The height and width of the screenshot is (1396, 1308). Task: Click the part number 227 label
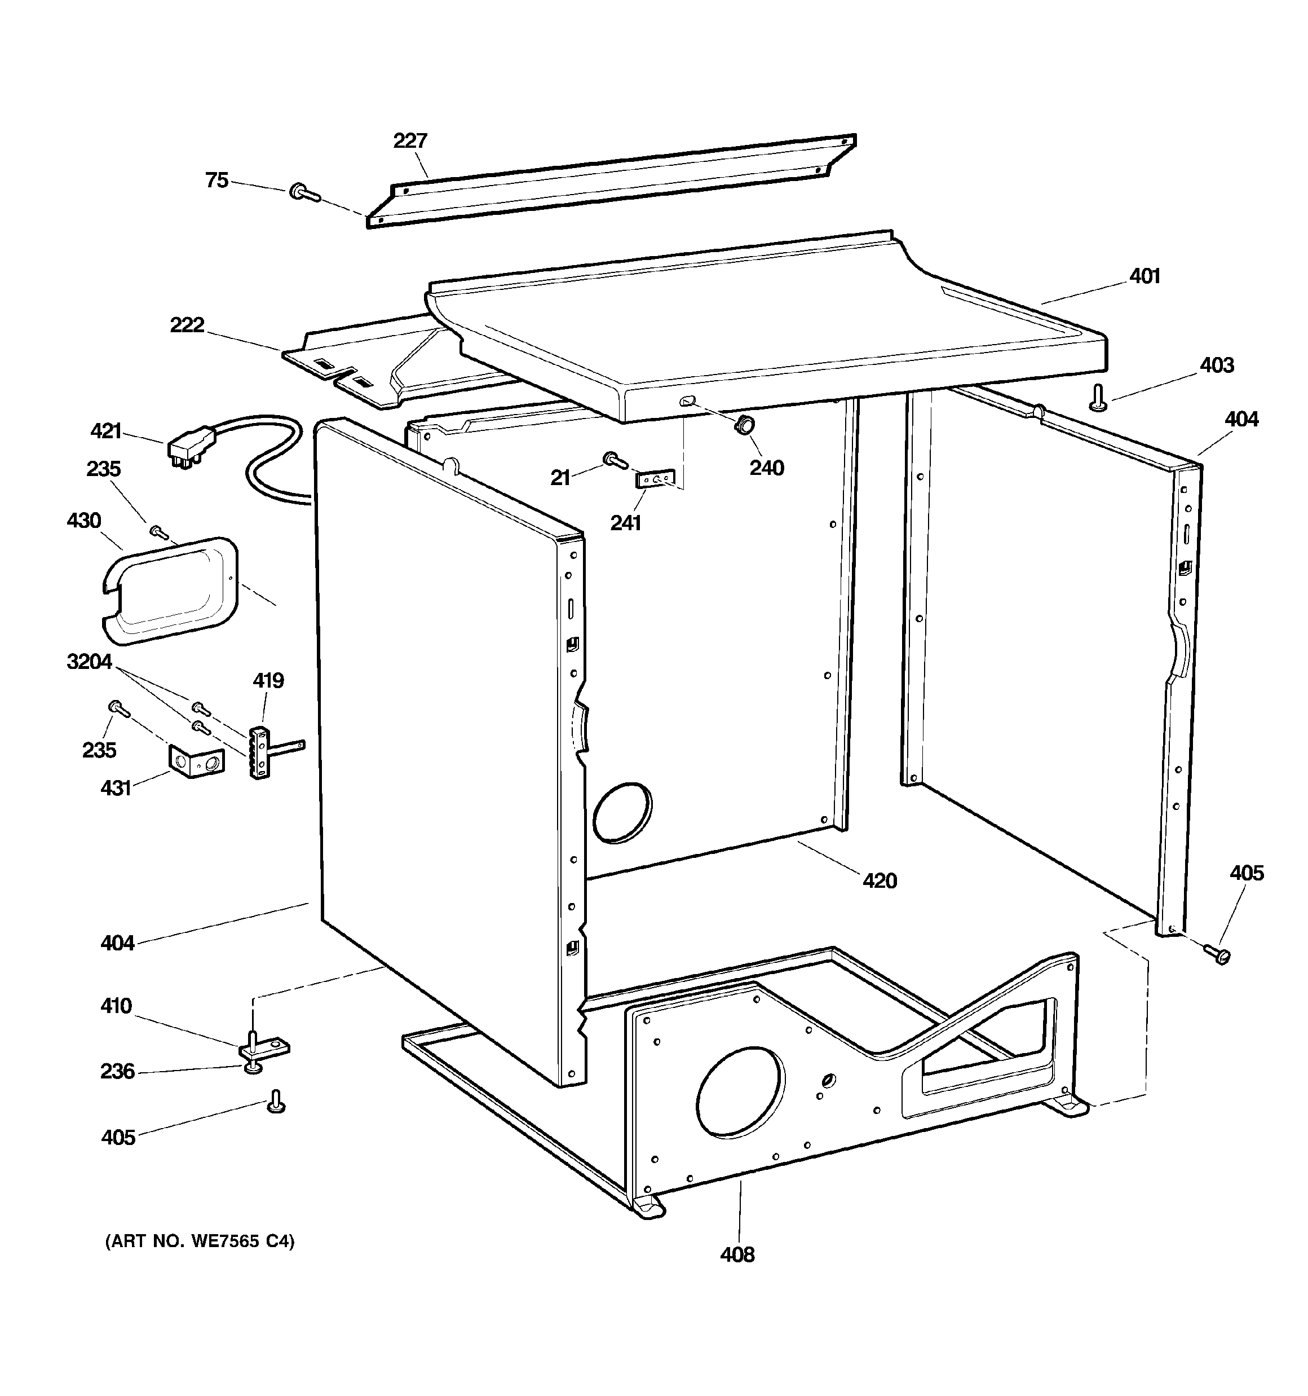[410, 141]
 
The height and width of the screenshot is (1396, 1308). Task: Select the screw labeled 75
[304, 192]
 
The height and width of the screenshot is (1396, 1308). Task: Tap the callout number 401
[1144, 277]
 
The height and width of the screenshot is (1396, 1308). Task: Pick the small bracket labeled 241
[655, 479]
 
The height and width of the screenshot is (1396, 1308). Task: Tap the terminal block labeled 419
[259, 754]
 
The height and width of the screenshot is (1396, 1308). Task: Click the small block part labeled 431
[196, 762]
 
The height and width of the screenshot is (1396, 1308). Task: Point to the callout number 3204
[89, 662]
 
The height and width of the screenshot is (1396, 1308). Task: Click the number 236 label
[117, 1071]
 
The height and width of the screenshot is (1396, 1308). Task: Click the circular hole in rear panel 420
[622, 812]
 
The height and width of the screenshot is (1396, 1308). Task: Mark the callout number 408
[737, 1254]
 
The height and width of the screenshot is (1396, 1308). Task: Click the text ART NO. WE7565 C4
[200, 1241]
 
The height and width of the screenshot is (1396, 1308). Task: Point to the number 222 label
[187, 325]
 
